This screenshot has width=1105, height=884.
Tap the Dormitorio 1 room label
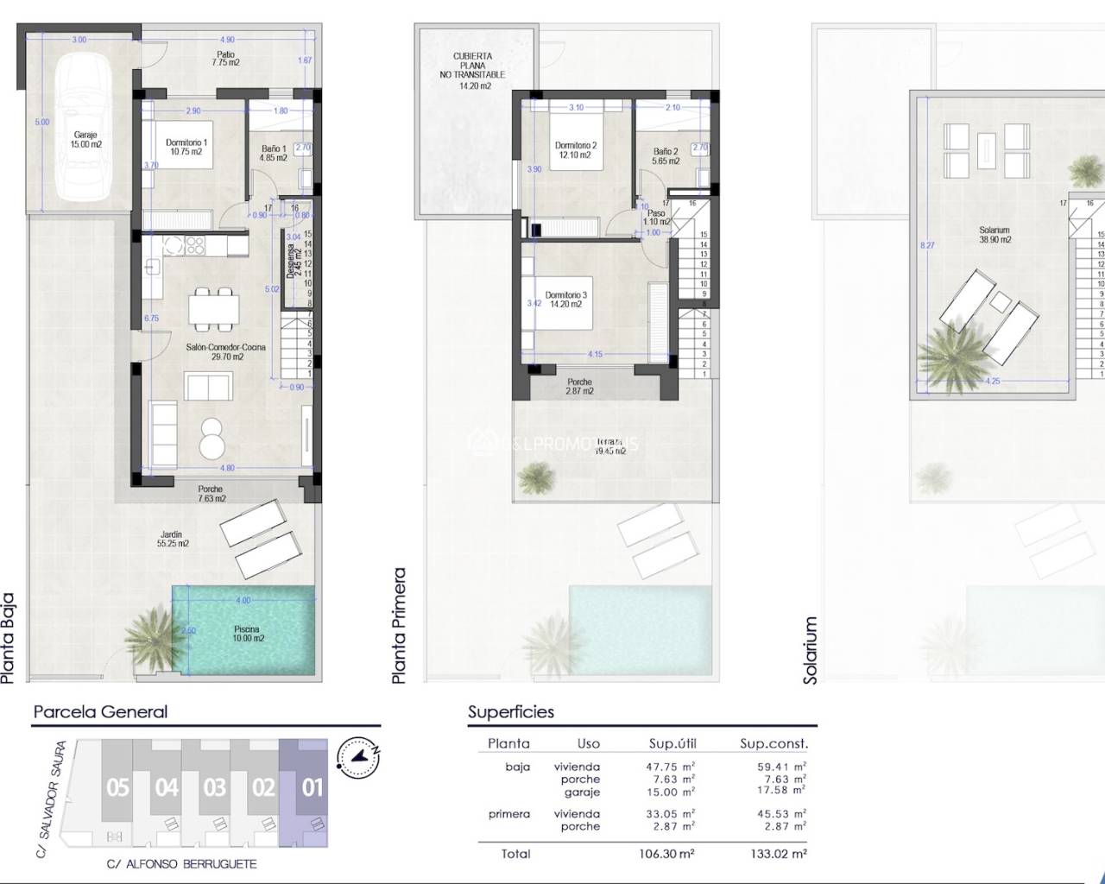pyautogui.click(x=186, y=148)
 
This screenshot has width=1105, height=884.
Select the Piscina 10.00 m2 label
pyautogui.click(x=246, y=634)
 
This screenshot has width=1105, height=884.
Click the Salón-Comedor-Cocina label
pyautogui.click(x=226, y=351)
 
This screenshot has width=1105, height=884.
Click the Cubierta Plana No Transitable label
pyautogui.click(x=473, y=71)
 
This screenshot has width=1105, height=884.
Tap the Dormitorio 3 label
pyautogui.click(x=565, y=300)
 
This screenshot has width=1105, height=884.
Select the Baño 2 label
pyautogui.click(x=666, y=156)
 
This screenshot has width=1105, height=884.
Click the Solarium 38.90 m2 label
pyautogui.click(x=994, y=235)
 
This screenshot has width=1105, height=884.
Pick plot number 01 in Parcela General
pyautogui.click(x=312, y=786)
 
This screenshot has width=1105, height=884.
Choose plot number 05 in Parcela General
pyautogui.click(x=117, y=786)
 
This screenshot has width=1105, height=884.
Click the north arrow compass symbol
pyautogui.click(x=358, y=756)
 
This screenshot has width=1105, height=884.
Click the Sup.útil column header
pyautogui.click(x=672, y=743)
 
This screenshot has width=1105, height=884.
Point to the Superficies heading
pyautogui.click(x=511, y=712)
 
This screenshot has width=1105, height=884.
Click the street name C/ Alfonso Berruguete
pyautogui.click(x=181, y=863)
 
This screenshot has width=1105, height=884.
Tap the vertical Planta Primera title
pyautogui.click(x=399, y=626)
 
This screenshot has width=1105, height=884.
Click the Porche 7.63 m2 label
pyautogui.click(x=212, y=494)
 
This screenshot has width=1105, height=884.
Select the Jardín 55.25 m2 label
pyautogui.click(x=173, y=539)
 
